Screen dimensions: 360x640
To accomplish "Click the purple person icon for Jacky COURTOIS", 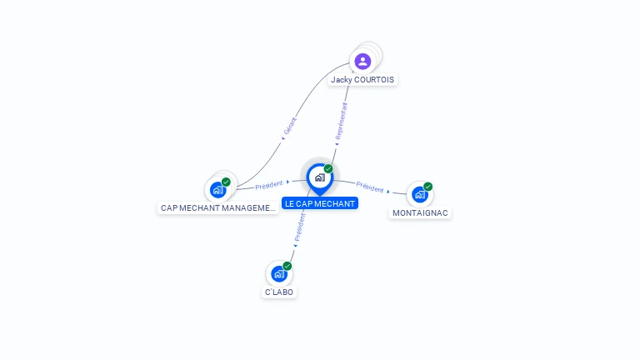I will click(x=362, y=61).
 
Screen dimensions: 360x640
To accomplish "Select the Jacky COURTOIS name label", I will click(x=362, y=80).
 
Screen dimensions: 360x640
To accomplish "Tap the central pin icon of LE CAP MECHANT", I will click(x=319, y=177).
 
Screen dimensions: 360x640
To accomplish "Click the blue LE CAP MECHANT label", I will click(x=320, y=203).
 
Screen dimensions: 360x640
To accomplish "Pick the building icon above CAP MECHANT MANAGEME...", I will click(x=217, y=190).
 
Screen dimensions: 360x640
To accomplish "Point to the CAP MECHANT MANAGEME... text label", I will click(x=217, y=208).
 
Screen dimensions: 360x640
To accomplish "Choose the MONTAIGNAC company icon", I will click(x=419, y=194).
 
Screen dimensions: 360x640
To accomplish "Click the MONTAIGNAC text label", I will click(x=420, y=213).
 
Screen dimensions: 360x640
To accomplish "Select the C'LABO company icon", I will click(x=278, y=273).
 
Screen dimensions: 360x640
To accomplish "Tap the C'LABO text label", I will click(x=279, y=292).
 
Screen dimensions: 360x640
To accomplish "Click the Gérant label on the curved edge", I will click(x=290, y=126).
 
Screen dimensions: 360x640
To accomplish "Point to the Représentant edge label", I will click(x=340, y=122).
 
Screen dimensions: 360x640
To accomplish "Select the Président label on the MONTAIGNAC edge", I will click(x=370, y=188).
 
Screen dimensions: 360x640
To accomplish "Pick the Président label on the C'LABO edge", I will click(x=299, y=227).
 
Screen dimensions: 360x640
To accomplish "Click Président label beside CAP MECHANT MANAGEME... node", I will click(x=269, y=185).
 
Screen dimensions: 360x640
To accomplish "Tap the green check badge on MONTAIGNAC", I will click(x=428, y=187).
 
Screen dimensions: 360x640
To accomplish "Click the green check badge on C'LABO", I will click(x=287, y=266).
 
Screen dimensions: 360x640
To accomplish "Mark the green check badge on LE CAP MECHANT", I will click(x=328, y=169).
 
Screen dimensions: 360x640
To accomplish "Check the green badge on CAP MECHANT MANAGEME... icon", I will click(x=226, y=182).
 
